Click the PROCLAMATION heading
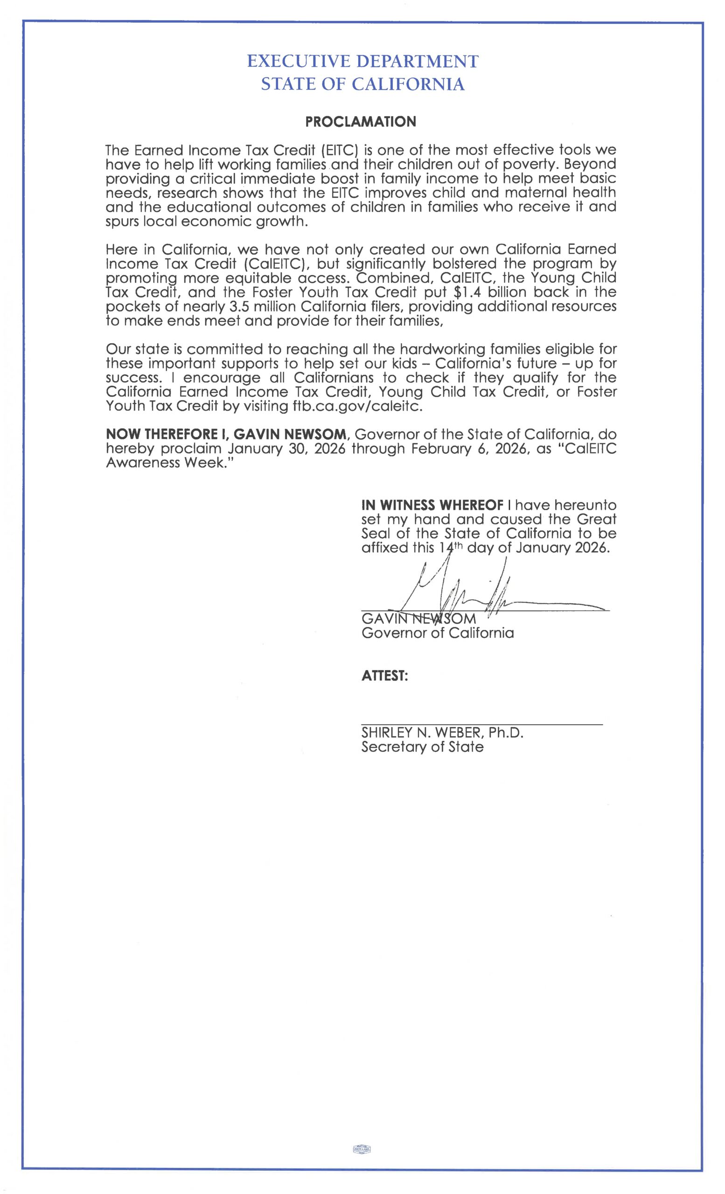361,122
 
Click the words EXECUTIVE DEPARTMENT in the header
362,62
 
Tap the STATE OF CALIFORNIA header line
362,85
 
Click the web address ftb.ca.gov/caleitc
358,406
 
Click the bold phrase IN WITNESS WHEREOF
432,506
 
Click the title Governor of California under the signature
437,633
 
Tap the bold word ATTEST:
384,676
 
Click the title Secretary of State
422,747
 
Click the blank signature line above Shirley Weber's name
482,724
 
